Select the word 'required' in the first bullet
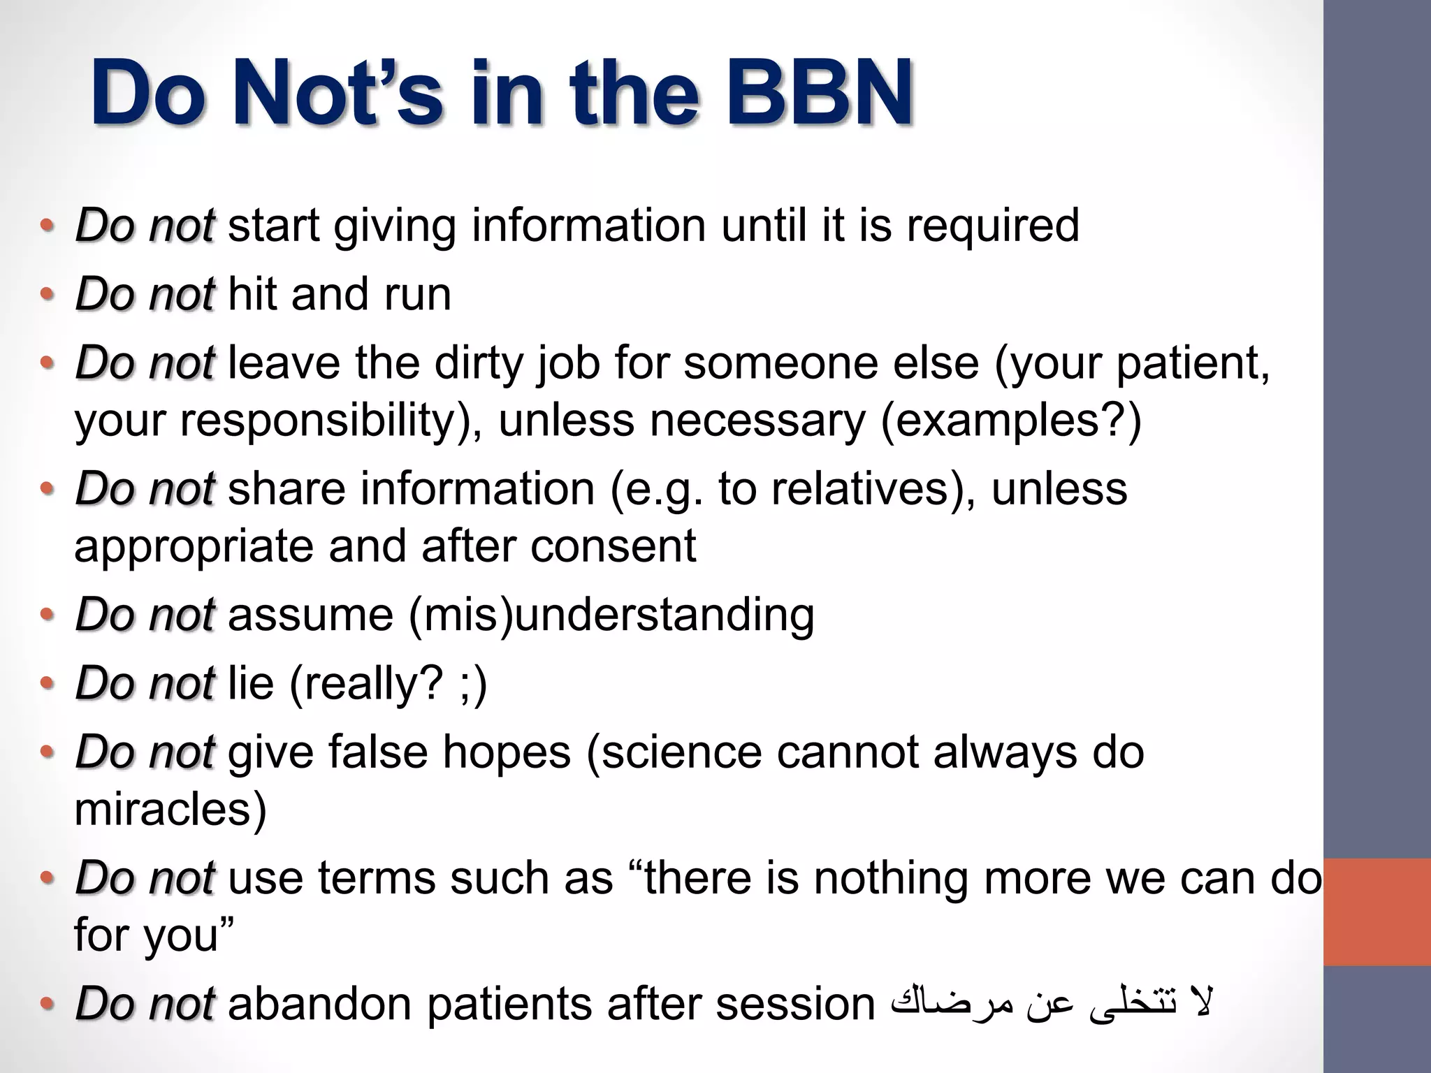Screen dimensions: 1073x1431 coord(992,226)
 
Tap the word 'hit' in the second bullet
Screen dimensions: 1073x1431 coord(252,293)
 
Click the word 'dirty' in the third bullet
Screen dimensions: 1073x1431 coord(478,363)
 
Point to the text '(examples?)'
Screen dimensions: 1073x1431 coord(1010,421)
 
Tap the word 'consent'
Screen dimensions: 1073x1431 coord(613,546)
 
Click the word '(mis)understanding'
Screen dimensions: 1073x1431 coord(611,615)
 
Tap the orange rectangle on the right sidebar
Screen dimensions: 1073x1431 coord(1376,912)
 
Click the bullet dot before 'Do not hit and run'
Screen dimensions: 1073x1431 coord(46,294)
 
